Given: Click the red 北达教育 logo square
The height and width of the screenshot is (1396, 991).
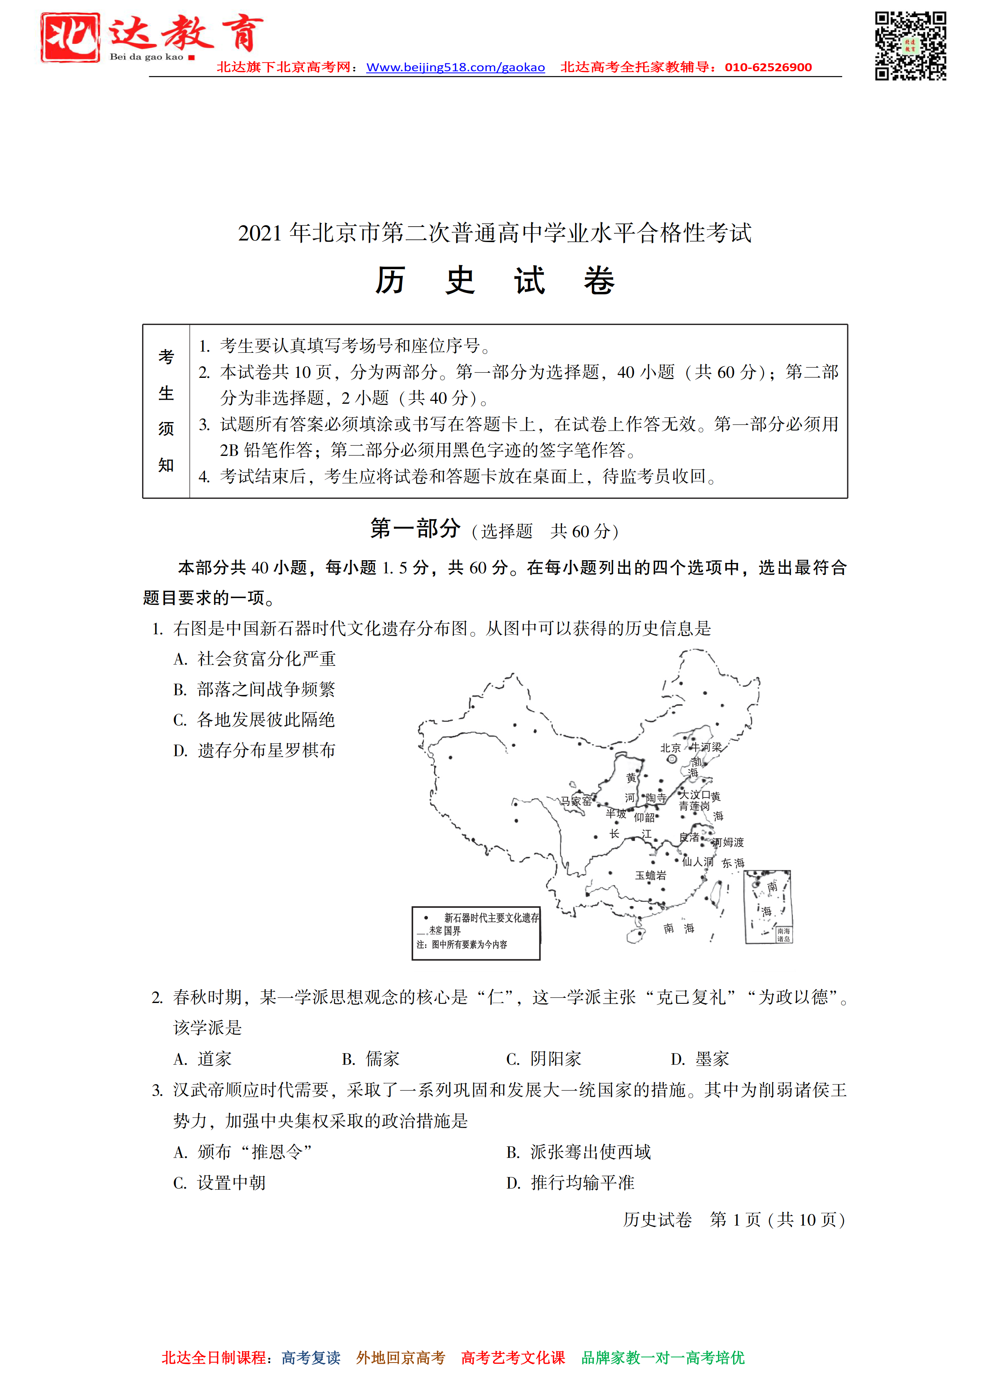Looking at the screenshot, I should [x=70, y=38].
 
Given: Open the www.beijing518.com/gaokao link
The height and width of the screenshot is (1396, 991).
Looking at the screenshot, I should [x=455, y=68].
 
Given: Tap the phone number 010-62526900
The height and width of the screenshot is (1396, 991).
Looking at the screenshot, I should [x=768, y=68].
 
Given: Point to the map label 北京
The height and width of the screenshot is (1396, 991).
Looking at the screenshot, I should [x=670, y=748].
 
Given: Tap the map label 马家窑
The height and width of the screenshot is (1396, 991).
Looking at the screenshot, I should [x=576, y=801].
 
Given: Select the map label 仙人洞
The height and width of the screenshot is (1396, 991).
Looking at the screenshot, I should [x=698, y=861].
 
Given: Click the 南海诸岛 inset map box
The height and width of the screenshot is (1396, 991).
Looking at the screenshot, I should [x=768, y=907].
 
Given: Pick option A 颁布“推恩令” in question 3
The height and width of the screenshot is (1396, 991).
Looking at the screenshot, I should [x=243, y=1152].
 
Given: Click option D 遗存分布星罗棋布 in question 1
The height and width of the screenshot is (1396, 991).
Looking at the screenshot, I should [x=254, y=750].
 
